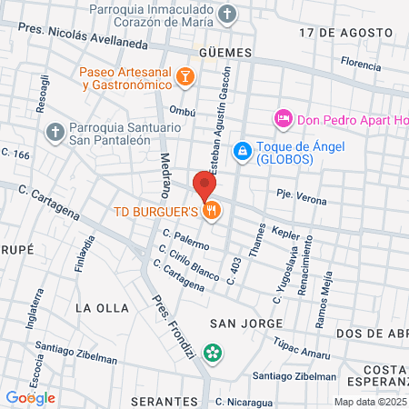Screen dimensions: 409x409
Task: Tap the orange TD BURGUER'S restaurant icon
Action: tap(212, 212)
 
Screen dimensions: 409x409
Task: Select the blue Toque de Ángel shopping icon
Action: tap(242, 151)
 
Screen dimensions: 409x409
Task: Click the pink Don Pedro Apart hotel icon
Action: tap(283, 119)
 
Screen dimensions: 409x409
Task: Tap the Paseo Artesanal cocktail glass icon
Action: tap(185, 77)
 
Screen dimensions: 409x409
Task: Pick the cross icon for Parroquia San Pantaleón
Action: tap(55, 133)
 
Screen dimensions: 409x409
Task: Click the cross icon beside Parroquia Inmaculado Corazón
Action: tap(228, 14)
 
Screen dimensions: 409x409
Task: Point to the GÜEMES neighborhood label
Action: tap(222, 53)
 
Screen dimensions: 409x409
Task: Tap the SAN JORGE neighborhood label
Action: tap(239, 324)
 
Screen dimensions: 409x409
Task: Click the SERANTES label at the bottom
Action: tap(164, 400)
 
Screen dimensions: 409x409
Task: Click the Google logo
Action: tap(30, 397)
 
